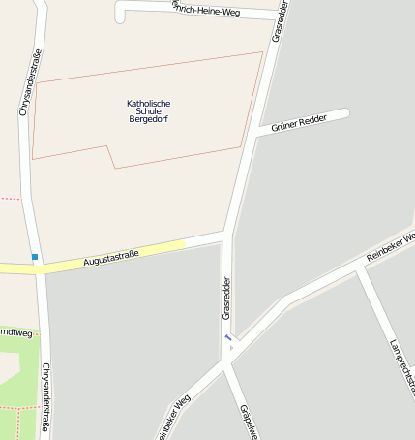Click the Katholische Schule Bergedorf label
(x=148, y=111)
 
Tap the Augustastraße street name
(x=111, y=257)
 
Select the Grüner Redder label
(x=299, y=123)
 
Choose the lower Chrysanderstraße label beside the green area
(x=45, y=397)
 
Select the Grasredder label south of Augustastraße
(x=226, y=298)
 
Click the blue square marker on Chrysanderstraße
(x=35, y=257)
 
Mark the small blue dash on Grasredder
(x=228, y=337)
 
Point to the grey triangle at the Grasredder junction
(x=231, y=347)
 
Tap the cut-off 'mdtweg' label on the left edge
(x=15, y=333)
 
